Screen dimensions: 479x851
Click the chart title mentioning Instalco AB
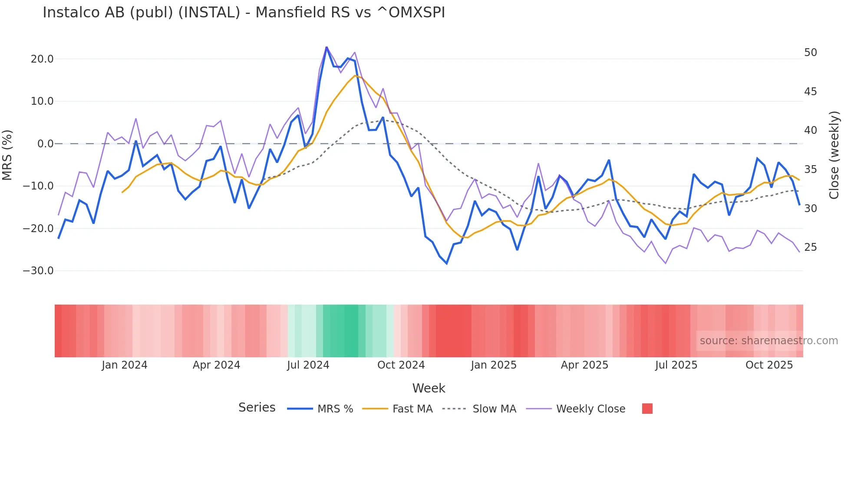244,13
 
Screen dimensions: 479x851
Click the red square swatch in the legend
647,409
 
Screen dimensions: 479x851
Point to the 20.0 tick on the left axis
42,59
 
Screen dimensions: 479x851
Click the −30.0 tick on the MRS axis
38,271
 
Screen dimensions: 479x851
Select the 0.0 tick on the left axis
45,144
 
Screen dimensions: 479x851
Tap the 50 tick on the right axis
810,53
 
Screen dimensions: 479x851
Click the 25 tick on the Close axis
810,247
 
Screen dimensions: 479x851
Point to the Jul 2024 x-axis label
308,365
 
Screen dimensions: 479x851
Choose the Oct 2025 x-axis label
769,365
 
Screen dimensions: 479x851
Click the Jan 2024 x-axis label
125,365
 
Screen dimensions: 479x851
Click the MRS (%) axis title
7,155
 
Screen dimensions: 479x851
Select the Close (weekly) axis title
834,155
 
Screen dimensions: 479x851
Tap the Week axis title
429,388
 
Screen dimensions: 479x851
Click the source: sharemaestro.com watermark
769,341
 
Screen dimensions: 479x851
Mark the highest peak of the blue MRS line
327,47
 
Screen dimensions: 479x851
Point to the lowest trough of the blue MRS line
446,263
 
